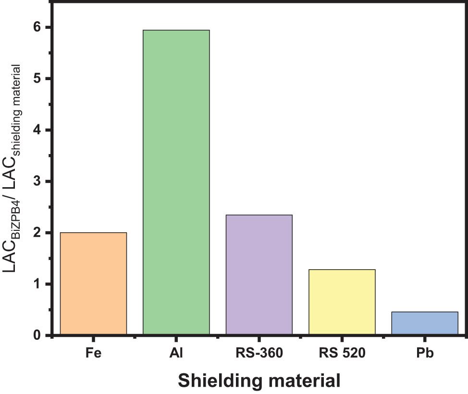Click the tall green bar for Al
[176, 182]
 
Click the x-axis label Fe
[93, 354]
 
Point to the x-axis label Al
[176, 354]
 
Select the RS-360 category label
[259, 354]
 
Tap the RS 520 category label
[342, 354]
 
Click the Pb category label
[425, 354]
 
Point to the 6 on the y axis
[37, 27]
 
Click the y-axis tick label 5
[37, 79]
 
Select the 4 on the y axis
[37, 130]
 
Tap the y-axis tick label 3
[37, 181]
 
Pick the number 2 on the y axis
[37, 233]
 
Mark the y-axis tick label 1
[37, 284]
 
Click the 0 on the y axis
[37, 335]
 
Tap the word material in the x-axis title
[305, 381]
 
